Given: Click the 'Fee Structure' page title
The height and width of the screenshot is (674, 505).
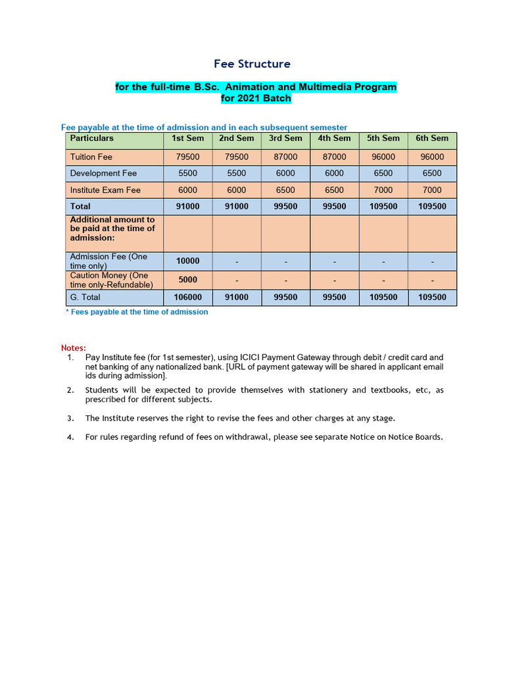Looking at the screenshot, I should point(252,64).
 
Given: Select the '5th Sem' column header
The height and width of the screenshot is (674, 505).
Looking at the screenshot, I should point(383,138).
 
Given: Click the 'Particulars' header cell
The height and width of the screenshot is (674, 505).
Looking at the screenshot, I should point(92,138).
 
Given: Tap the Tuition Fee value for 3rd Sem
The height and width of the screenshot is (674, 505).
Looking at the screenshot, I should point(285,157).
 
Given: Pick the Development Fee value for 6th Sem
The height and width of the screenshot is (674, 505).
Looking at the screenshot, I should point(432,174).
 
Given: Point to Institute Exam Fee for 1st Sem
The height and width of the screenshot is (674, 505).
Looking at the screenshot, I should point(188,190).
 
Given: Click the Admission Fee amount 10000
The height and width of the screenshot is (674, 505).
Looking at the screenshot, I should point(188,261).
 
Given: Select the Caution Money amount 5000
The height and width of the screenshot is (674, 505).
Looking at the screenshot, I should point(188,280).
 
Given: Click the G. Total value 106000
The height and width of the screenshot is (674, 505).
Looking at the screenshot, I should point(188,298).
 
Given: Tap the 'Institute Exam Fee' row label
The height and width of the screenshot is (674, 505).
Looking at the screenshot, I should point(105,190).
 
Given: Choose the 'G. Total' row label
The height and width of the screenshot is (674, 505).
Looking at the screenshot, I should point(85,298).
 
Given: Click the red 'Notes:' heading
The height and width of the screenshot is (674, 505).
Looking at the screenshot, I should point(73,348).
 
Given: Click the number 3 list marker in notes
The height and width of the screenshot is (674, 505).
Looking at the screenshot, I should point(70,418).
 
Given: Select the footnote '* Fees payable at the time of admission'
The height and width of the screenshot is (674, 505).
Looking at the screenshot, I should point(137,312).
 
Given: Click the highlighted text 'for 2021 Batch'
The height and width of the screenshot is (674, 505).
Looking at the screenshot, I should point(256,99).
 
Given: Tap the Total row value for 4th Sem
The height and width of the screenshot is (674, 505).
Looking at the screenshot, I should point(334,207).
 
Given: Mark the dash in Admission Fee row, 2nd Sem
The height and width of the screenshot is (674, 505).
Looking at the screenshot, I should point(237,262).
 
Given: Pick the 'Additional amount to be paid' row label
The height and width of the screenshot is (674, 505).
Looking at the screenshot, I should point(112,228).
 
